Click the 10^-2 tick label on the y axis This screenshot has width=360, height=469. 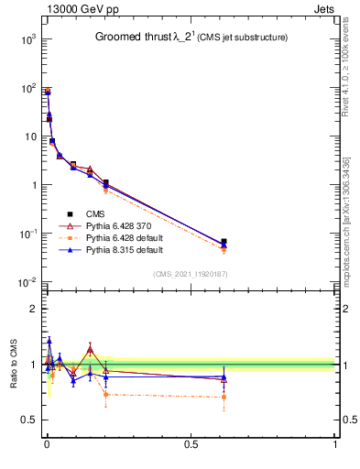(x=28, y=282)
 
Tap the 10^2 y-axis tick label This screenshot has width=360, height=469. (x=28, y=88)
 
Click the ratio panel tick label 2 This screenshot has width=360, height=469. (x=33, y=309)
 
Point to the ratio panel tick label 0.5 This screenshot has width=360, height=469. (x=28, y=420)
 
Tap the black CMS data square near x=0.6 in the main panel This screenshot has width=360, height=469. (x=224, y=242)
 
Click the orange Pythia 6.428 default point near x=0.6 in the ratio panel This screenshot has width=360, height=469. (x=224, y=397)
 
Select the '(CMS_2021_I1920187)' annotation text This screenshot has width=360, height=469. (x=191, y=273)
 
